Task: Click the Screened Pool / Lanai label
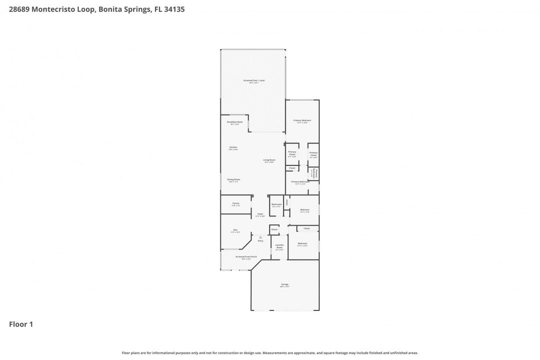(253, 80)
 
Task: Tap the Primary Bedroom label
(302, 120)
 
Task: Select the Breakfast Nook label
(234, 122)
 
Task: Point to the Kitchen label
(233, 147)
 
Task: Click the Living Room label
(269, 160)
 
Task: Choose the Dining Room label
(233, 179)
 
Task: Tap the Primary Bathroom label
(300, 182)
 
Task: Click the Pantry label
(235, 203)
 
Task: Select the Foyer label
(260, 214)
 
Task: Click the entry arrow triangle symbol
(260, 237)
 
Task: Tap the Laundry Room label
(279, 246)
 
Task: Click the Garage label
(284, 285)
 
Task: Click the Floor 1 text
(21, 324)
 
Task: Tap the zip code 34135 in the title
(174, 9)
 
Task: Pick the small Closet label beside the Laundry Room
(274, 229)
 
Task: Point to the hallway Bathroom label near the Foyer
(276, 204)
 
